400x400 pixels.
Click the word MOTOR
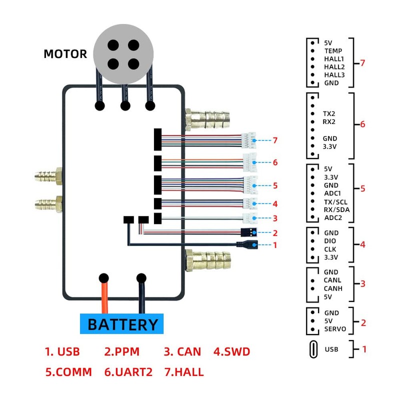tap(65, 54)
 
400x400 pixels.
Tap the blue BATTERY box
tap(122, 324)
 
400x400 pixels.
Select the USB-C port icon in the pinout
tap(312, 349)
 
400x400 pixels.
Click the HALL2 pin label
tap(334, 67)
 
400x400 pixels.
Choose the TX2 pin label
tap(329, 114)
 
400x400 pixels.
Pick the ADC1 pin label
tap(332, 193)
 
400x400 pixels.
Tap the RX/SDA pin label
tap(336, 209)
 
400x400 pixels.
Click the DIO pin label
tap(330, 241)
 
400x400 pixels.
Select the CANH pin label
tap(333, 289)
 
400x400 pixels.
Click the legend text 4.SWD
tap(232, 351)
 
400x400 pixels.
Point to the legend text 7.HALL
tap(183, 372)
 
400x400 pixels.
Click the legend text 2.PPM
tap(122, 351)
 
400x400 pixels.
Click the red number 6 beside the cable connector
tap(275, 162)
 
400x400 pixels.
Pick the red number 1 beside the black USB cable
tap(274, 245)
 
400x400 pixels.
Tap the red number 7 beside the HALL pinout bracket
tap(362, 63)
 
